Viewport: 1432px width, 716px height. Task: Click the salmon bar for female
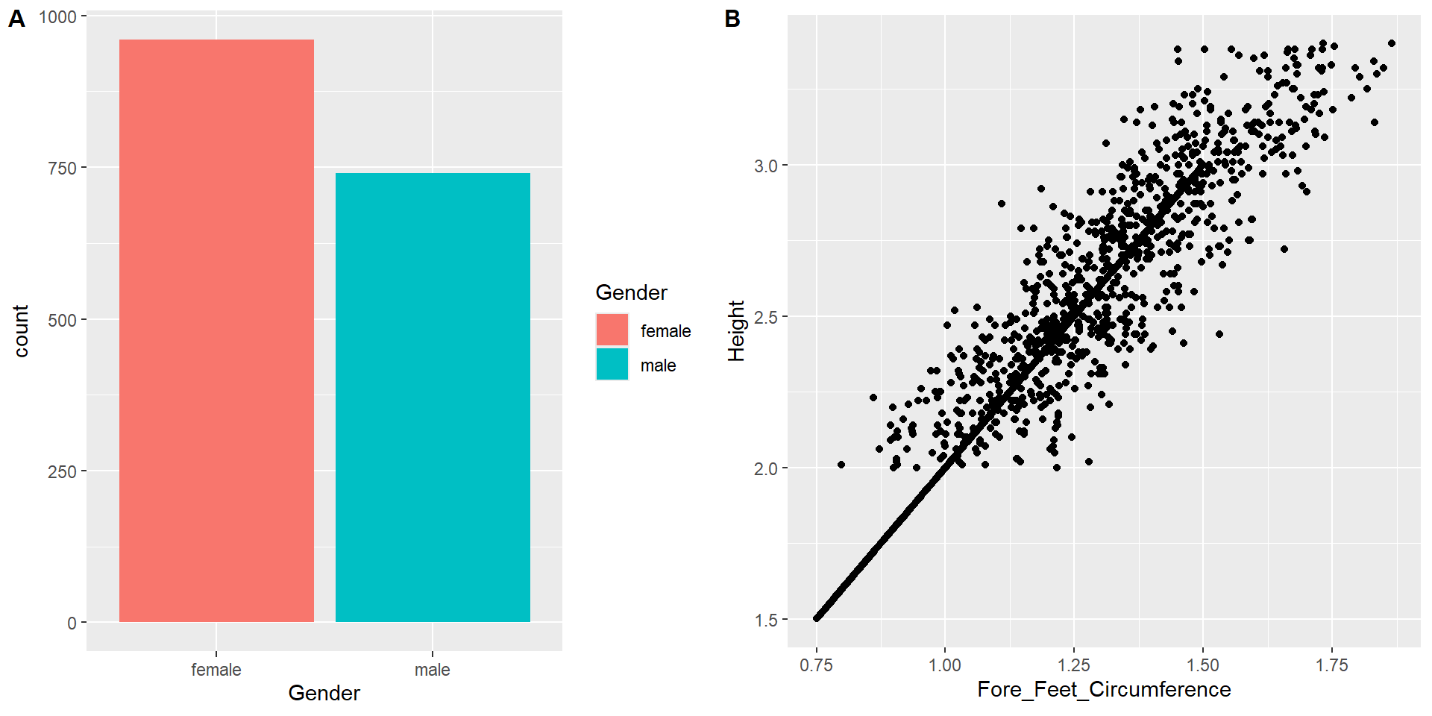[216, 330]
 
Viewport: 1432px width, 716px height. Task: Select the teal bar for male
[433, 398]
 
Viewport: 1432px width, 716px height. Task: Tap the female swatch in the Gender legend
[612, 330]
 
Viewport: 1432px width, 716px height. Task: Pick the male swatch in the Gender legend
[612, 365]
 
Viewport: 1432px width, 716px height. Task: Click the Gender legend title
[631, 292]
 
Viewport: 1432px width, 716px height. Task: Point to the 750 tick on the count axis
[63, 169]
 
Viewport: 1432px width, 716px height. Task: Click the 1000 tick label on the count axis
[58, 17]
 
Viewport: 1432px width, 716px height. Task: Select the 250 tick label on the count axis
[63, 472]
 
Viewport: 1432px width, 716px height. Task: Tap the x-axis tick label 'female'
[216, 670]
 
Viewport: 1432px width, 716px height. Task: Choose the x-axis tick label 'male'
[433, 670]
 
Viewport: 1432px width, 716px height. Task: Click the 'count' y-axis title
[21, 330]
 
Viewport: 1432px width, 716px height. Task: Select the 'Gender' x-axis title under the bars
[324, 693]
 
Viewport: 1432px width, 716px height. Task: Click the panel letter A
[16, 19]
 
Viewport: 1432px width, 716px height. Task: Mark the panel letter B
[732, 19]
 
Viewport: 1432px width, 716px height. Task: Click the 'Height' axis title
[737, 330]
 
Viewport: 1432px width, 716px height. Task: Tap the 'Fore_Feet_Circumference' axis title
[1104, 689]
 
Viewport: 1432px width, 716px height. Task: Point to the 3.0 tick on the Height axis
[766, 166]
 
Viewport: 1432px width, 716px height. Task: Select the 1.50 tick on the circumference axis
[1202, 665]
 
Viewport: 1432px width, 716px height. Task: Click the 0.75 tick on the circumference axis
[816, 665]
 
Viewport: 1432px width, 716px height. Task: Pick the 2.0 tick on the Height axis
[766, 468]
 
